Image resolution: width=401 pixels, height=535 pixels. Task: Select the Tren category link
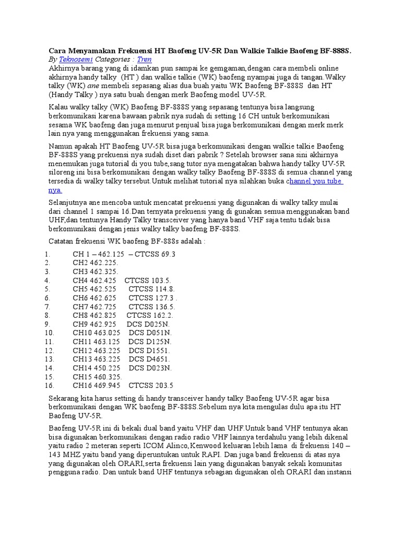[x=144, y=60]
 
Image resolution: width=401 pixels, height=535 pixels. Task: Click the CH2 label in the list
[x=80, y=263]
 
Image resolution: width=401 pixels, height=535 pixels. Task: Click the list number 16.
[x=50, y=386]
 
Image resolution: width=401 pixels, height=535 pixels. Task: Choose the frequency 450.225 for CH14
[x=107, y=368]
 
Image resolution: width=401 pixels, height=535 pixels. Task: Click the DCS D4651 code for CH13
[x=149, y=359]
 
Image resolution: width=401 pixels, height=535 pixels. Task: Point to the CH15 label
[x=82, y=377]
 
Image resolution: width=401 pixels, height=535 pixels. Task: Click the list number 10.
[x=50, y=333]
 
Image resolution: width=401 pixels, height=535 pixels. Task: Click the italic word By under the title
[x=53, y=60]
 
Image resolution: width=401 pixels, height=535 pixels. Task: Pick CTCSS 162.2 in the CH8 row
[x=150, y=316]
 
